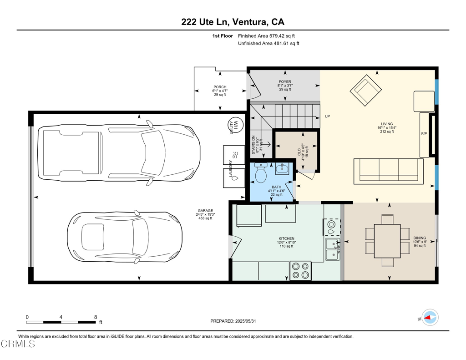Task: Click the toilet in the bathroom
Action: (261, 173)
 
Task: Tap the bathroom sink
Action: (282, 168)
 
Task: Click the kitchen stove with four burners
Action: (300, 270)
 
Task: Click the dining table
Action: (387, 241)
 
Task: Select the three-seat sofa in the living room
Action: (388, 171)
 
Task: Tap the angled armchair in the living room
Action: (366, 90)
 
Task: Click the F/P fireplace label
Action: (424, 134)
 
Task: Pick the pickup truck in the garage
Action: (119, 153)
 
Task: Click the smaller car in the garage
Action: (125, 237)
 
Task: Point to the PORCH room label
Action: (220, 87)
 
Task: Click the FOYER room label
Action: (285, 81)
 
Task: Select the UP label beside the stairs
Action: (327, 116)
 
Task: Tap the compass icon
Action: (430, 318)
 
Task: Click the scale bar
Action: (61, 322)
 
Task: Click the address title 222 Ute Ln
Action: (204, 22)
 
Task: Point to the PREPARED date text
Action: (233, 321)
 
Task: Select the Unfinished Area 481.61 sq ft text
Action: (268, 43)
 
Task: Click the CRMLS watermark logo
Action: (18, 344)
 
